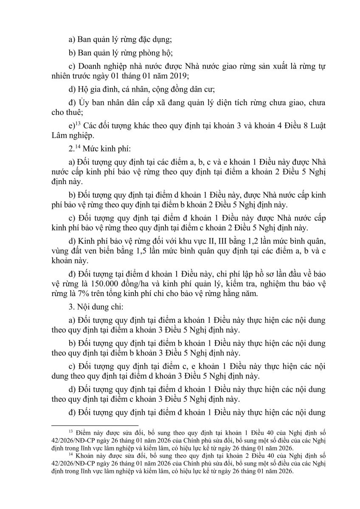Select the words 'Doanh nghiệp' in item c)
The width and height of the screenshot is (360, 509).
[x=101, y=65]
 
